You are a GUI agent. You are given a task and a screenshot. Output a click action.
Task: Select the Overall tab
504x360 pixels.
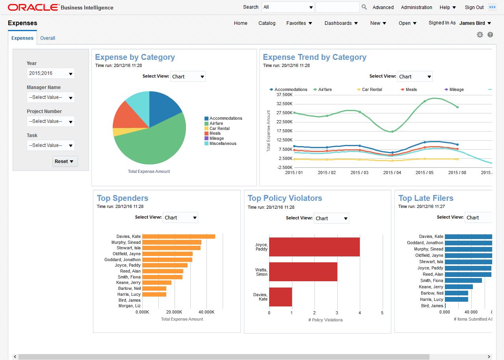pyautogui.click(x=48, y=38)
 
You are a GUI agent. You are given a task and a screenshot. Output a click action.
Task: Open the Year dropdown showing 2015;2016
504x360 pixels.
pyautogui.click(x=51, y=73)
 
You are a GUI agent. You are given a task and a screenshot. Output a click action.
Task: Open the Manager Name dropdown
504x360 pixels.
pyautogui.click(x=51, y=97)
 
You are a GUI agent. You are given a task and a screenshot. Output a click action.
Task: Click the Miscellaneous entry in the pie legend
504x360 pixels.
pyautogui.click(x=223, y=143)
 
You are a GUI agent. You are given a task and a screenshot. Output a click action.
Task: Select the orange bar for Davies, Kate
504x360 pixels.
pyautogui.click(x=178, y=236)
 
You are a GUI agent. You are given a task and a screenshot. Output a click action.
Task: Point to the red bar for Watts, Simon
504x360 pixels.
pyautogui.click(x=303, y=272)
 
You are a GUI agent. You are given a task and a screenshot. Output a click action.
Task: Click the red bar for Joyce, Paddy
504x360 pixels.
pyautogui.click(x=314, y=247)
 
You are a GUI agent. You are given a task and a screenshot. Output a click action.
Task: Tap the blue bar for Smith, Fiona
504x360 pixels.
pyautogui.click(x=463, y=280)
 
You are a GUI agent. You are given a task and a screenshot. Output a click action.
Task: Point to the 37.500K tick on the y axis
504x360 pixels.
pyautogui.click(x=285, y=95)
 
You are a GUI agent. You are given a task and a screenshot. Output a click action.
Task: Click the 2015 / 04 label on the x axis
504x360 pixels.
pyautogui.click(x=392, y=173)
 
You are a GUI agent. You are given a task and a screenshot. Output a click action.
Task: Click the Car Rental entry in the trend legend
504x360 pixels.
pyautogui.click(x=372, y=89)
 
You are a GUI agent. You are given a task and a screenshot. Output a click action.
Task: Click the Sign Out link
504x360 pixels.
pyautogui.click(x=474, y=7)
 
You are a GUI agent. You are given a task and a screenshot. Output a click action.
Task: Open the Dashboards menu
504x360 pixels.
pyautogui.click(x=341, y=23)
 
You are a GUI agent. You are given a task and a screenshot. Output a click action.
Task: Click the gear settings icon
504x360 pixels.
pyautogui.click(x=480, y=35)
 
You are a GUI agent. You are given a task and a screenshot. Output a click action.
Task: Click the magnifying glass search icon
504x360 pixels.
pyautogui.click(x=364, y=7)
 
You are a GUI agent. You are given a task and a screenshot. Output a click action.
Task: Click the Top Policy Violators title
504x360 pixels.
pyautogui.click(x=285, y=198)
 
